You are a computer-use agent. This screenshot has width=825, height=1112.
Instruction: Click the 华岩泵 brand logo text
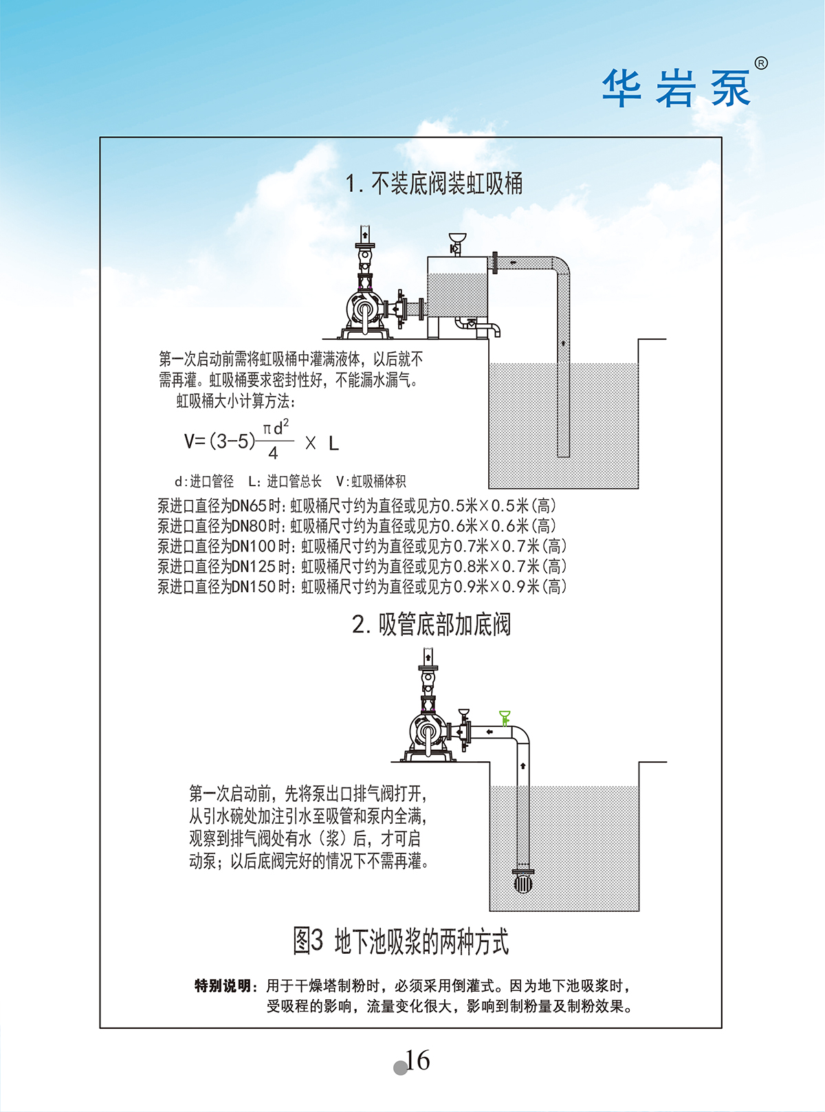[x=676, y=88]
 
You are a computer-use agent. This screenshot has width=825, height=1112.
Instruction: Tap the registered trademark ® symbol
[x=761, y=63]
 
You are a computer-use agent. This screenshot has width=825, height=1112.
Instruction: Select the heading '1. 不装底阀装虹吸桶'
[x=434, y=183]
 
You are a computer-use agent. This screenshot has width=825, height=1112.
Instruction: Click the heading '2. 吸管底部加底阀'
[x=432, y=624]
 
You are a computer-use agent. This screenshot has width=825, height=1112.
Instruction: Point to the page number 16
[x=417, y=1060]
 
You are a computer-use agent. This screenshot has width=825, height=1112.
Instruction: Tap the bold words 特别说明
[x=223, y=986]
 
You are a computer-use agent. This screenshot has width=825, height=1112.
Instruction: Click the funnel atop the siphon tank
[x=457, y=237]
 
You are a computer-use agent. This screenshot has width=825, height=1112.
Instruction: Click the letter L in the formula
[x=334, y=443]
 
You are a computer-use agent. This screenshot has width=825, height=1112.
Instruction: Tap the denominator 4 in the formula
[x=273, y=454]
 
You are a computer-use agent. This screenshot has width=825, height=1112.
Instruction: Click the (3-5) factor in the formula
[x=232, y=441]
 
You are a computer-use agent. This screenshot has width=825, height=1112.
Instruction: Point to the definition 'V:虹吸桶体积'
[x=371, y=482]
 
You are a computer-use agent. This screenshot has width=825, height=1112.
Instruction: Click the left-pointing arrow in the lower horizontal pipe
[x=489, y=732]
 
